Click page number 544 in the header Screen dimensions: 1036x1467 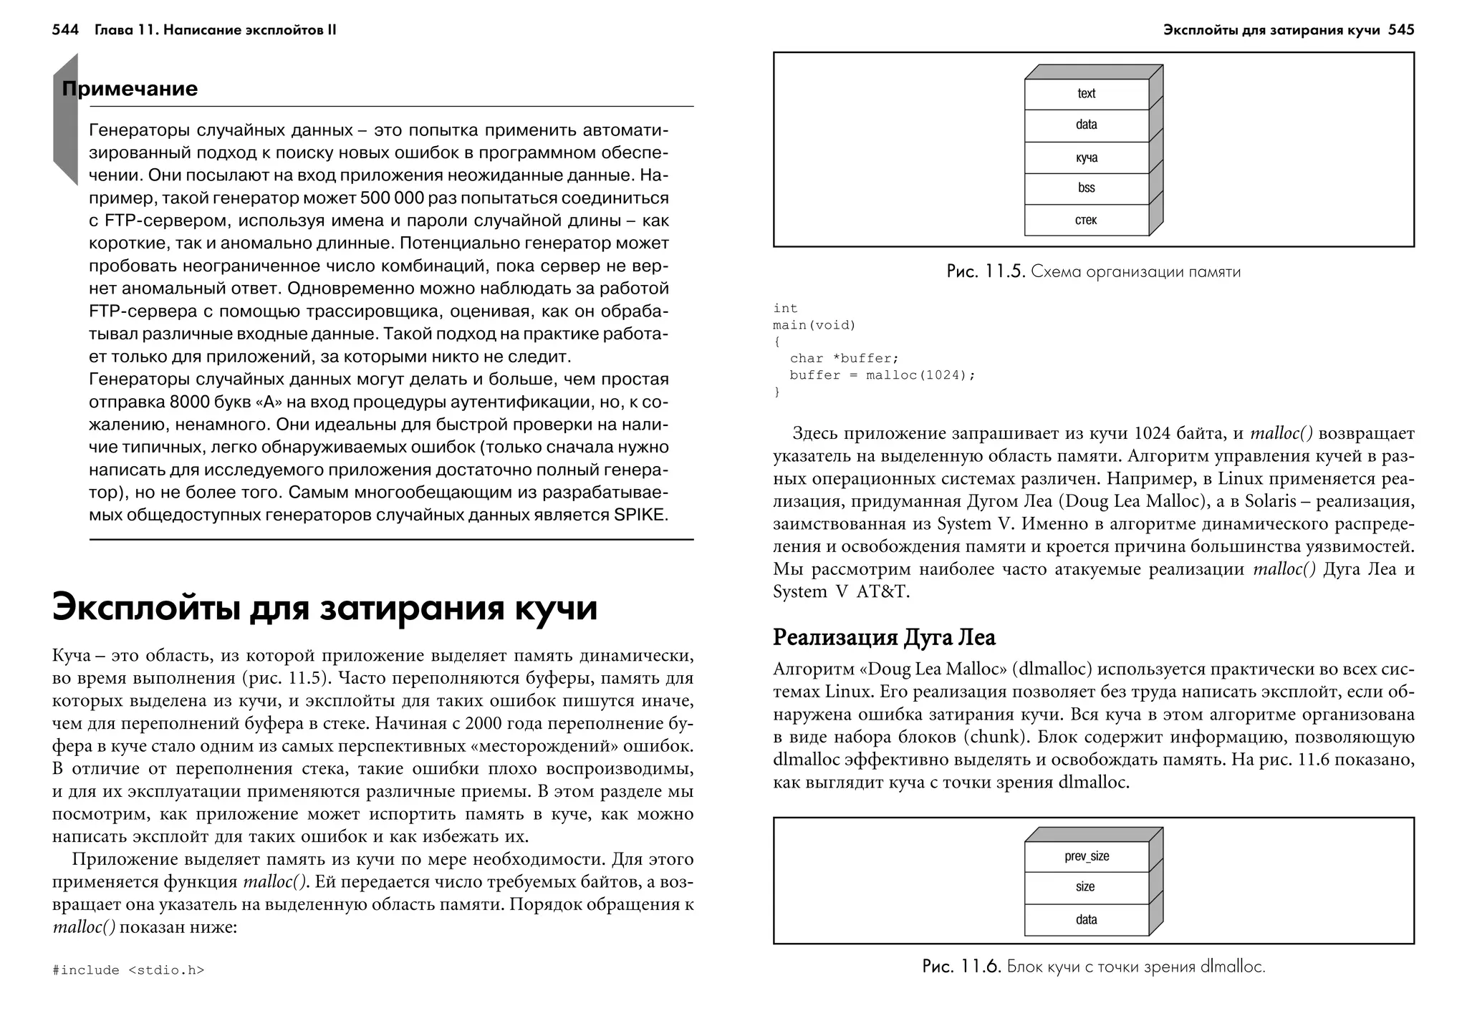click(x=65, y=30)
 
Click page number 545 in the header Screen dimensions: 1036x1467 click(x=1401, y=30)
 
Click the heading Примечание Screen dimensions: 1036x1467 click(x=130, y=89)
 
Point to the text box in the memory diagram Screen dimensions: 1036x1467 click(x=1086, y=94)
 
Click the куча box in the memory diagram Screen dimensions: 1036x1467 click(x=1086, y=158)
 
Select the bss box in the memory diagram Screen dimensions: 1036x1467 click(x=1086, y=188)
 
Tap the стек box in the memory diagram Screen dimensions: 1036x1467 click(x=1086, y=220)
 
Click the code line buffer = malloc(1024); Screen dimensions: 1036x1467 click(x=882, y=375)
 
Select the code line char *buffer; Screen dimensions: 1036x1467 click(x=844, y=358)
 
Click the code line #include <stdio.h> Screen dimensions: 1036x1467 click(x=128, y=970)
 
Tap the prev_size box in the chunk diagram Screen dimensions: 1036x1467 click(x=1086, y=856)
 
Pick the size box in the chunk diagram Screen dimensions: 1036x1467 click(x=1086, y=887)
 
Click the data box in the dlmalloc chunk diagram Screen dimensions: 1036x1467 click(x=1086, y=919)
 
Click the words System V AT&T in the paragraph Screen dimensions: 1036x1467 click(x=840, y=592)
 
